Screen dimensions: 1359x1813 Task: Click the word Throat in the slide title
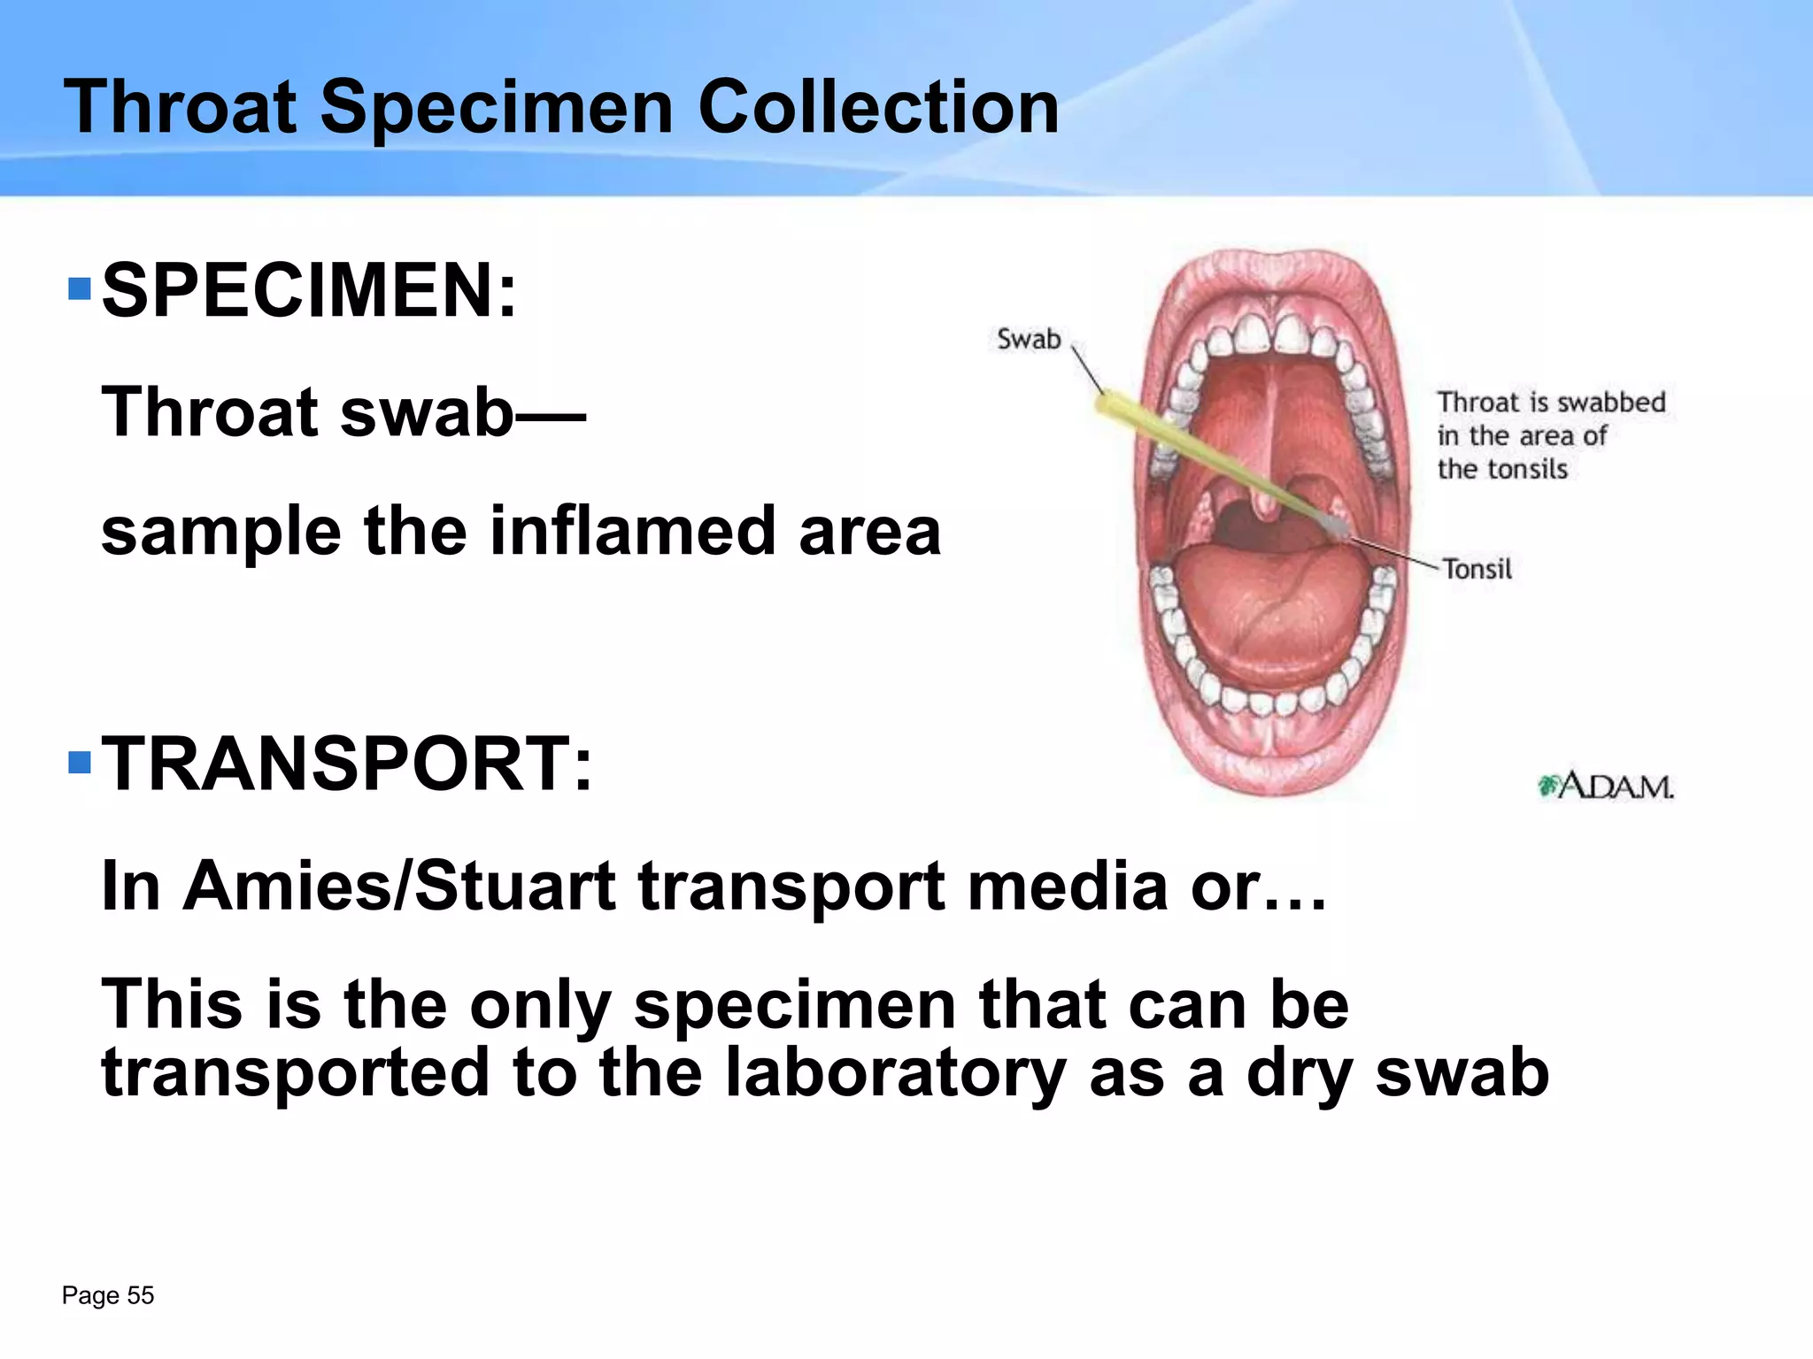click(180, 107)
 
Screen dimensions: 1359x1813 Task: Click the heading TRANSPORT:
click(347, 764)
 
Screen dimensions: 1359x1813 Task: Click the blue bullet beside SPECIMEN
click(80, 289)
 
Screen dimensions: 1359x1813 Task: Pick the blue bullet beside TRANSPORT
click(80, 762)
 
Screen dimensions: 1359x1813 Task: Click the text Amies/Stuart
click(399, 885)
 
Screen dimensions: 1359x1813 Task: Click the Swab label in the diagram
click(1029, 339)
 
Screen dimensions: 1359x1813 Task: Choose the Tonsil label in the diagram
click(1477, 569)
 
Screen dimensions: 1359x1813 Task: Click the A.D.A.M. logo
click(1606, 786)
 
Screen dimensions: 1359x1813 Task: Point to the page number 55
click(140, 1295)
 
